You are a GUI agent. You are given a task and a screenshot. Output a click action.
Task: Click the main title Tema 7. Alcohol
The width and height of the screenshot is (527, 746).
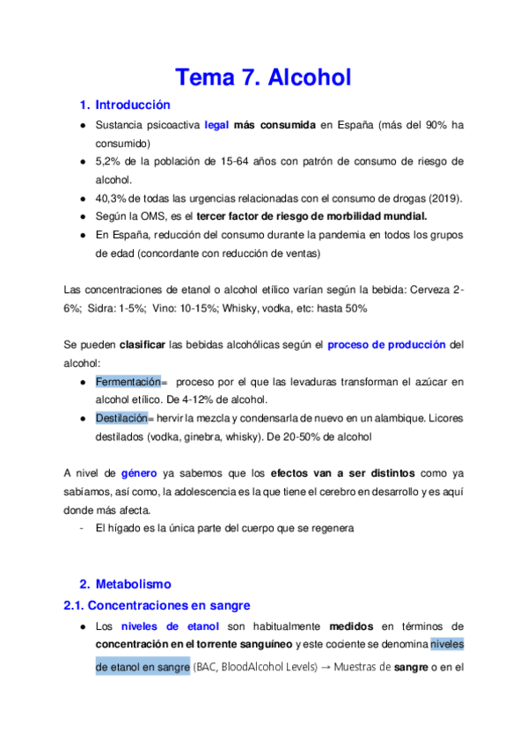tap(263, 77)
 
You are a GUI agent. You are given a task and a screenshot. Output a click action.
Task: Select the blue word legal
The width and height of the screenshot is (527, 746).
tap(216, 126)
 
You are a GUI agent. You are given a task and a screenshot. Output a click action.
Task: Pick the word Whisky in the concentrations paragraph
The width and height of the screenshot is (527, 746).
tap(239, 309)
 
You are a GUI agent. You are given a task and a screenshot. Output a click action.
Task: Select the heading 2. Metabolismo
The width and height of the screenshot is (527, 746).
tap(126, 584)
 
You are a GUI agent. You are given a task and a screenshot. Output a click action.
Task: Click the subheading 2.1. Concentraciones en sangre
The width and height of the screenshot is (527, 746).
tap(157, 606)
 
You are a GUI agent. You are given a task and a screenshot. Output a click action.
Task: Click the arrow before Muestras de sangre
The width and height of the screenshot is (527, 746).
tap(325, 667)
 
